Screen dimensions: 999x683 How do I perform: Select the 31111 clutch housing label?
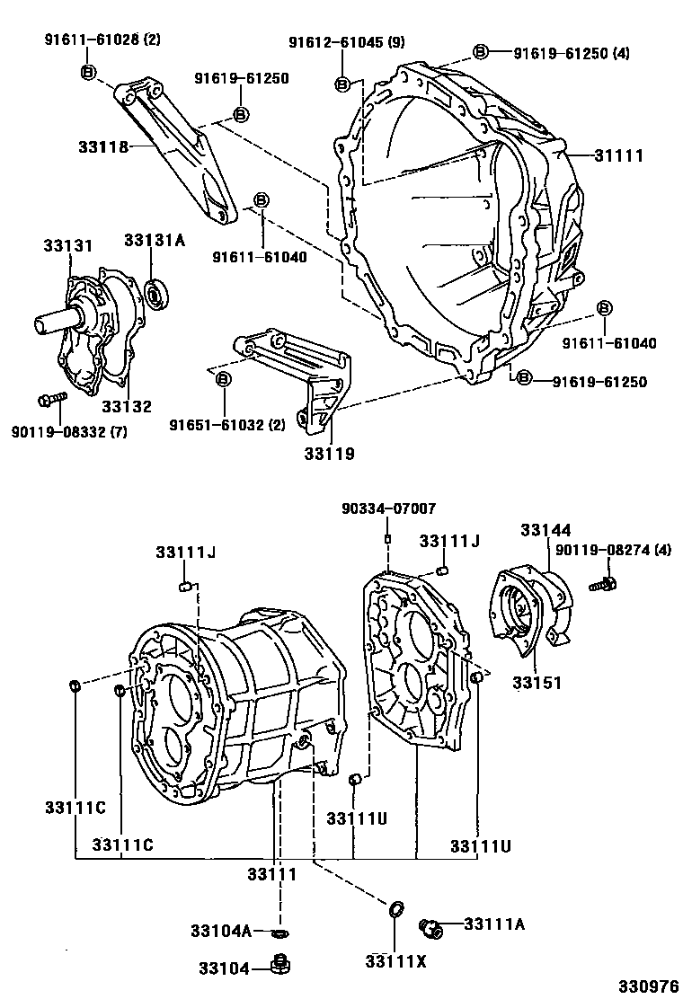[618, 155]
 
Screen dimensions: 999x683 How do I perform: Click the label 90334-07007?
[388, 508]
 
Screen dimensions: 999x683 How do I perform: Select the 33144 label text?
[543, 530]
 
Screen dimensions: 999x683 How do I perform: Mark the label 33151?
[537, 683]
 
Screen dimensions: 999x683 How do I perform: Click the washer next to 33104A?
[280, 932]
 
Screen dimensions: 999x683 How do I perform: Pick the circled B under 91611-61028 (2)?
[88, 72]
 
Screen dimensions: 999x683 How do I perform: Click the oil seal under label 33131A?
[158, 291]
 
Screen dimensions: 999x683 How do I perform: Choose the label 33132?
[125, 407]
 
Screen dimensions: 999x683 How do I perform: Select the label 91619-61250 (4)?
[572, 53]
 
